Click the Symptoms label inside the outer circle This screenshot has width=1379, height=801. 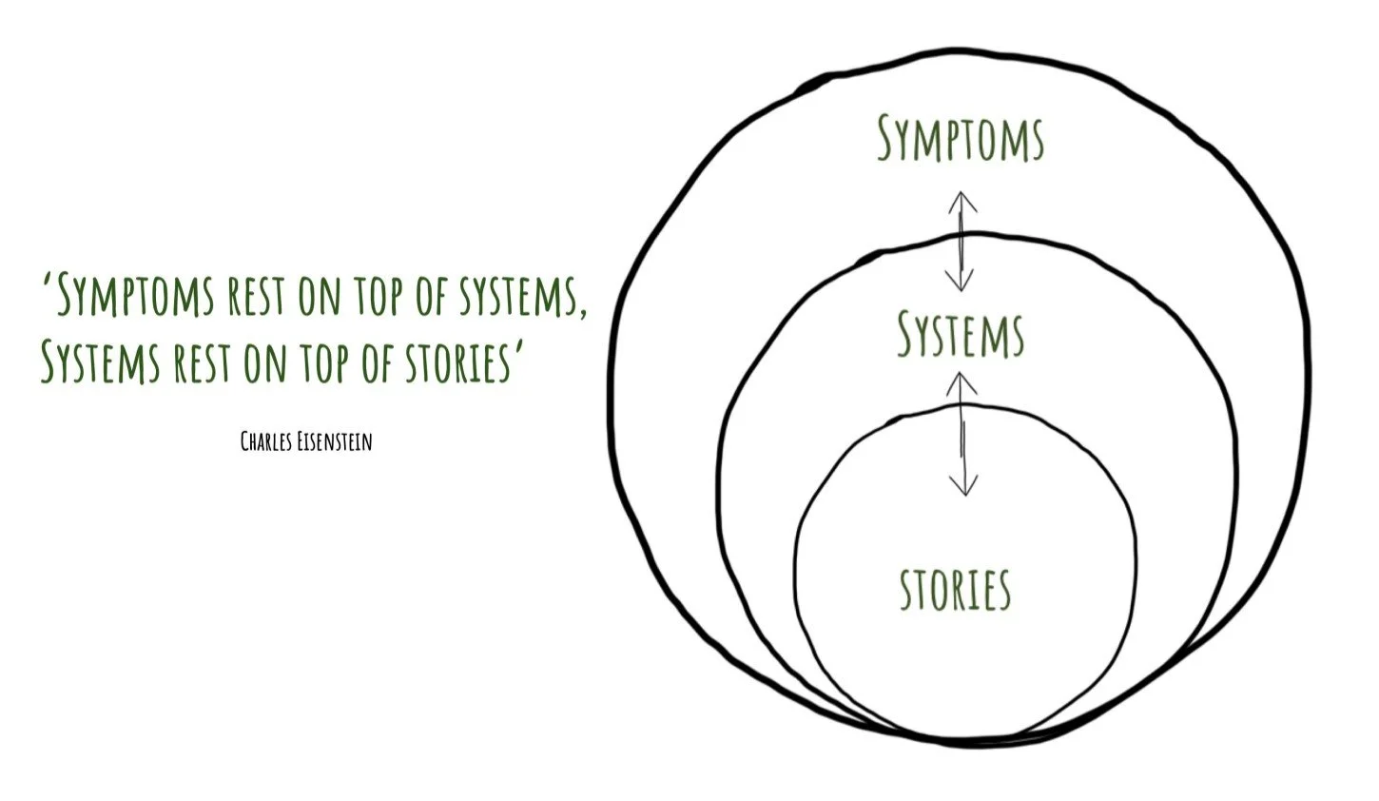point(960,139)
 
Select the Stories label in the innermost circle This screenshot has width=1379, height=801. point(955,589)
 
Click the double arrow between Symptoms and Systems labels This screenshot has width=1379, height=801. point(961,241)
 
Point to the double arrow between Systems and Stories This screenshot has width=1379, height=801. point(963,433)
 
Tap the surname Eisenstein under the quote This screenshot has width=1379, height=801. point(334,441)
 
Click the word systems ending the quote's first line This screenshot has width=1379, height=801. point(522,296)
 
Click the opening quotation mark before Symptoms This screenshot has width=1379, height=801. point(47,282)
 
